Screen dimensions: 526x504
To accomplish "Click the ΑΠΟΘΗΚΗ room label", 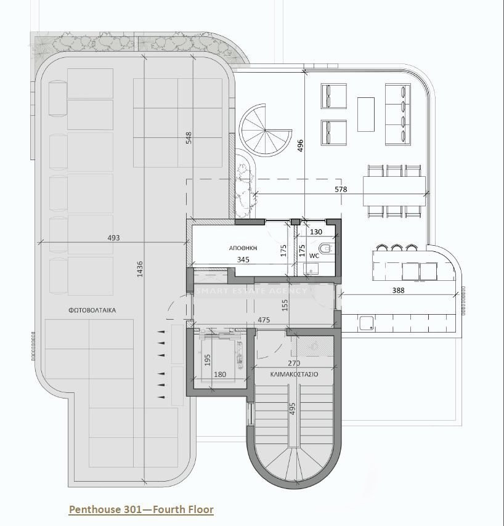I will (243, 248).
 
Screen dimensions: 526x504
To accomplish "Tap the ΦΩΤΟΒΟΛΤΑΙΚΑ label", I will (92, 310).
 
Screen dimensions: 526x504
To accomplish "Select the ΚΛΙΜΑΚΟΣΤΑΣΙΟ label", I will (294, 374).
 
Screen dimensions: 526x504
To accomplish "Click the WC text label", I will (314, 255).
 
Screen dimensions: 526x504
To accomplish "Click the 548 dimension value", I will (189, 138).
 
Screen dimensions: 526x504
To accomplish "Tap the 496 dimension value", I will (300, 145).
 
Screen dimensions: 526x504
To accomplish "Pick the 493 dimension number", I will (113, 238).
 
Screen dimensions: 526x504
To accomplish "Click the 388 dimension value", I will (398, 291).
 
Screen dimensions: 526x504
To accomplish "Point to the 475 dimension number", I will (264, 320).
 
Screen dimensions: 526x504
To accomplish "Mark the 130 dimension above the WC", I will (316, 232).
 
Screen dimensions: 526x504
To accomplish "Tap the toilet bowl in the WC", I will (327, 248).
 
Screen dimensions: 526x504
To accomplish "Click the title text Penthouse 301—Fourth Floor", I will (141, 509).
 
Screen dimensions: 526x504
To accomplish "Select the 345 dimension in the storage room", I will (244, 261).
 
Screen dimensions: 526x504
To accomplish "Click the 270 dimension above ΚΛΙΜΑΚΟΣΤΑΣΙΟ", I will (294, 363).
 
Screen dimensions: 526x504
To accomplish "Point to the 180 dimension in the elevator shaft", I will (219, 374).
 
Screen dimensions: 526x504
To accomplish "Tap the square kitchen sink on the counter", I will (367, 322).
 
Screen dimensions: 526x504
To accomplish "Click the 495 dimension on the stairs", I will (293, 410).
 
